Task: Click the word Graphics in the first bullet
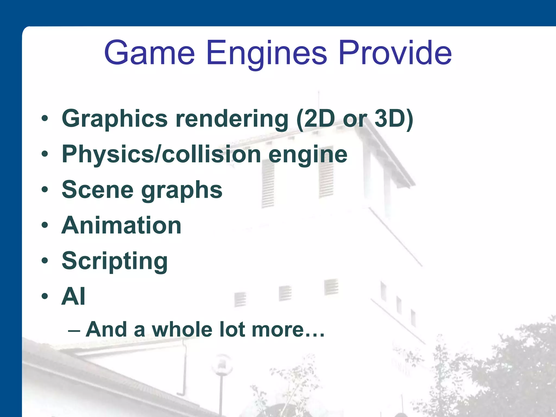click(x=115, y=119)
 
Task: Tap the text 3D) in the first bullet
click(x=394, y=119)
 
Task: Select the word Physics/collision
click(x=161, y=154)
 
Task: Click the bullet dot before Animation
click(x=45, y=225)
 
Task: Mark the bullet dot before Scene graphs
click(x=45, y=189)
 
